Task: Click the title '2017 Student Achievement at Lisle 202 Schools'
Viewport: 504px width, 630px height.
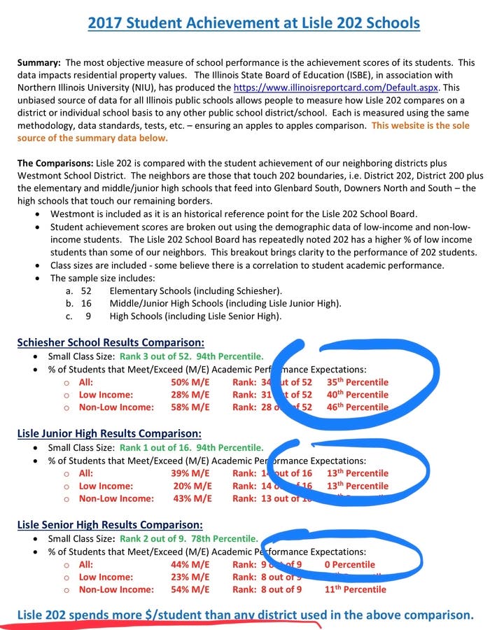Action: point(254,23)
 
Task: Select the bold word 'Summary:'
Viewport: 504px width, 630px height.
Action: point(39,62)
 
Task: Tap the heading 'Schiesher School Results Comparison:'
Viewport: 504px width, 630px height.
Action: point(111,342)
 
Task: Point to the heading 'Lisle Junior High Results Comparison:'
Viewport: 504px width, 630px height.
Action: point(109,433)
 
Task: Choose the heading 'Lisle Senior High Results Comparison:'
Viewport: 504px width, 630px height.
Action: point(110,524)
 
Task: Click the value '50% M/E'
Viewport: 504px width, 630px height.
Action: point(190,382)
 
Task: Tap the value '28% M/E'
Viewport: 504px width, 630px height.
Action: point(190,395)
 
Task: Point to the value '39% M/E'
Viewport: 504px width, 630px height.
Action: point(190,473)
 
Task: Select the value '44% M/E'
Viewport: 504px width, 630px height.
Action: point(190,564)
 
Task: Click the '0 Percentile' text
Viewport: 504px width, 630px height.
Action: point(350,564)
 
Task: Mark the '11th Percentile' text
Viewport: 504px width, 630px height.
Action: point(356,589)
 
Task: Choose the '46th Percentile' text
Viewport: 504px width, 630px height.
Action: point(357,407)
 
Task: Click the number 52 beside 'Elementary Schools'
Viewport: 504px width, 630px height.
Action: point(87,290)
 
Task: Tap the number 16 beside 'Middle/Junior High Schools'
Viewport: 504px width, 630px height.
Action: point(87,303)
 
